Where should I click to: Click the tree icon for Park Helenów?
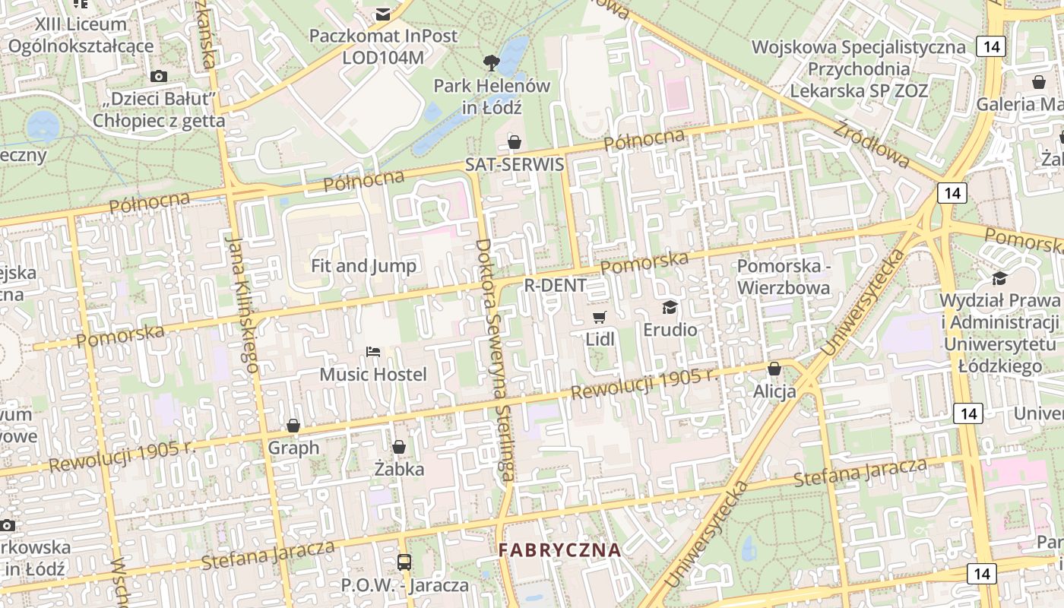(x=492, y=62)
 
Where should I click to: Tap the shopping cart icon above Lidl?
(x=600, y=317)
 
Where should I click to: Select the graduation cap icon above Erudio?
(x=670, y=307)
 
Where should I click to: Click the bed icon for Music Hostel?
(x=373, y=352)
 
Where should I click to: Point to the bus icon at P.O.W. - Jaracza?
(x=404, y=562)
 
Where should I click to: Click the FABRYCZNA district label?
(x=559, y=549)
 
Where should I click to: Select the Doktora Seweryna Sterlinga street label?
(x=494, y=359)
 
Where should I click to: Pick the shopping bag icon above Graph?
(x=293, y=426)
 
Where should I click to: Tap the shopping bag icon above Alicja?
(x=774, y=369)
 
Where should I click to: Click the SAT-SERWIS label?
(x=515, y=164)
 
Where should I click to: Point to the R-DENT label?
(x=556, y=285)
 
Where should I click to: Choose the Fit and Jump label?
(x=363, y=265)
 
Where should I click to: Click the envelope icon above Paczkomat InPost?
(x=383, y=14)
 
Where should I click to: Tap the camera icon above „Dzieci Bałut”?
(x=159, y=76)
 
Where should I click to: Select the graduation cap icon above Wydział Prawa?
(x=999, y=279)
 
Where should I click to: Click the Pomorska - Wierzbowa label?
(x=783, y=277)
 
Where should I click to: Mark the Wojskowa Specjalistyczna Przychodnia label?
(x=859, y=68)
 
